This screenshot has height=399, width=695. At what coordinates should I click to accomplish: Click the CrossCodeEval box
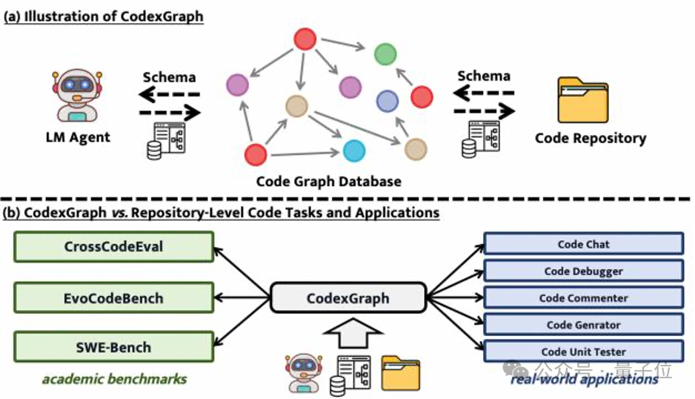[x=113, y=247]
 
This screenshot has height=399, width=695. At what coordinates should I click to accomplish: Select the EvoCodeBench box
[x=113, y=298]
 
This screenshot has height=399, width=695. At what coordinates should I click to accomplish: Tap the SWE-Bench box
[x=113, y=347]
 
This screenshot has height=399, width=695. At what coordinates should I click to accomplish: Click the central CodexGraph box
[x=348, y=299]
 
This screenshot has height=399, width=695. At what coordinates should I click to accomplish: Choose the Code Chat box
[x=583, y=244]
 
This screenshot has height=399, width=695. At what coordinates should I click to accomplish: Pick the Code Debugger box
[x=583, y=271]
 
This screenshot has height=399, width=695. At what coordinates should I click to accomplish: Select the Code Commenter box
[x=583, y=297]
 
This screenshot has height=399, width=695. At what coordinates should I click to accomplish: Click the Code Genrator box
[x=583, y=324]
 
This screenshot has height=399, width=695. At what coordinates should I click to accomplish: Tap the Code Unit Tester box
[x=583, y=351]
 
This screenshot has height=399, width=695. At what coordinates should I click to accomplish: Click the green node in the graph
[x=385, y=53]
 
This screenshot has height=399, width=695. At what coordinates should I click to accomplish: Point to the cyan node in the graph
[x=354, y=151]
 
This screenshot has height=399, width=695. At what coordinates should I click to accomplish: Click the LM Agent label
[x=79, y=136]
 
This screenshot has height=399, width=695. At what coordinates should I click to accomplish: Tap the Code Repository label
[x=591, y=138]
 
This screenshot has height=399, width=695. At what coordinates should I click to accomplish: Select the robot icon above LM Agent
[x=78, y=94]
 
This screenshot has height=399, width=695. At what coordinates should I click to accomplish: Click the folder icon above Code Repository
[x=582, y=99]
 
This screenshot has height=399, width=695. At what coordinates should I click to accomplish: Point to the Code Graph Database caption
[x=328, y=181]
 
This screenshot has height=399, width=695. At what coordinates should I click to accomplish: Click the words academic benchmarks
[x=114, y=379]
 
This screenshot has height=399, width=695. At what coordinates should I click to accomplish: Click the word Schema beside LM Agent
[x=169, y=77]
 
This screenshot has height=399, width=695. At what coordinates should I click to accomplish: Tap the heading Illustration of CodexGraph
[x=103, y=17]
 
